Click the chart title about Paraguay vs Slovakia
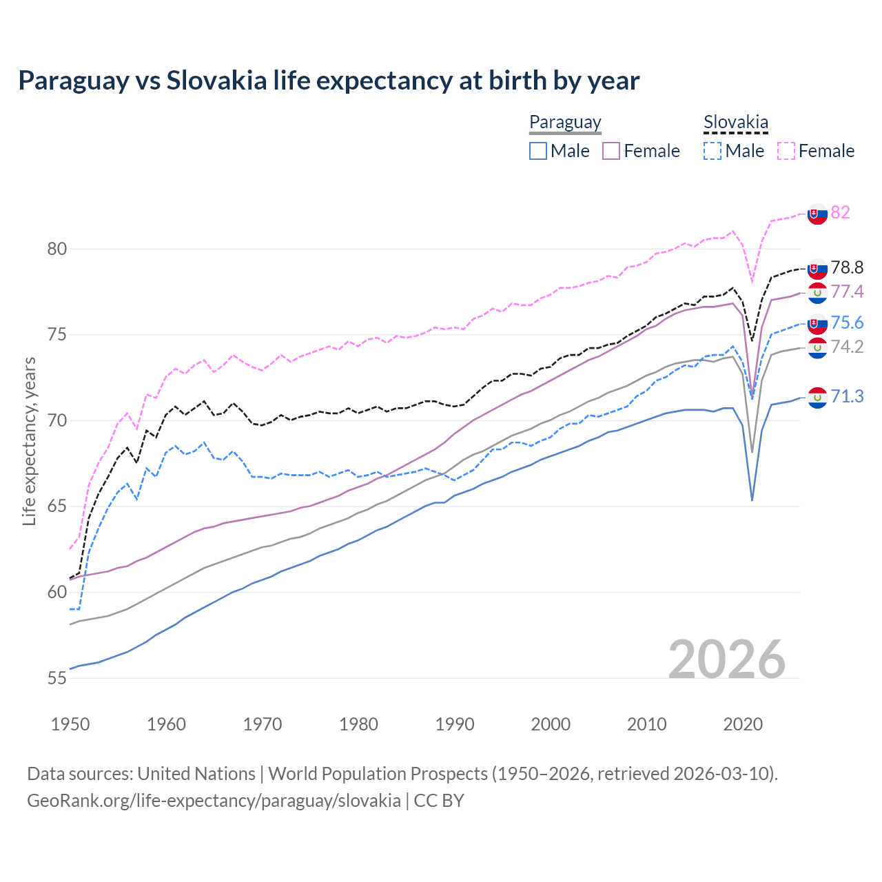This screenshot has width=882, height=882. point(329,81)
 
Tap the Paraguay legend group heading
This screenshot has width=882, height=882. point(565,123)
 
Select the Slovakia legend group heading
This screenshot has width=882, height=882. point(735,123)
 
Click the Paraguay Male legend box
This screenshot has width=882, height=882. point(538,151)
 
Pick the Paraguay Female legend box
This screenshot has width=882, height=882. point(611,151)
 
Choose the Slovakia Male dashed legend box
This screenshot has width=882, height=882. point(712,151)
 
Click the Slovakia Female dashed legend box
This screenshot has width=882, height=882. point(786,151)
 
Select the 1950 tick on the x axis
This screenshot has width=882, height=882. point(70,724)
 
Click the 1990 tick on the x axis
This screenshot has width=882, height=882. point(455,724)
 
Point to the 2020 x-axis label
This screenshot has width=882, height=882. point(743,724)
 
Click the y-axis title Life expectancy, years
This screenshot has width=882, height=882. point(29,441)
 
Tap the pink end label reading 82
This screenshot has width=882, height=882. point(840,212)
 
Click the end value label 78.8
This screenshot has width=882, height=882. point(847,267)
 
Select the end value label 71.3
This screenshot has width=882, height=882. point(847,396)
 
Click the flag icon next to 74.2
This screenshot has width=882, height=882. point(817,348)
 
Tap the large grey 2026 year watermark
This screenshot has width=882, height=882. point(726,659)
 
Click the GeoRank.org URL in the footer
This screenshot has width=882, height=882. point(214,801)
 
